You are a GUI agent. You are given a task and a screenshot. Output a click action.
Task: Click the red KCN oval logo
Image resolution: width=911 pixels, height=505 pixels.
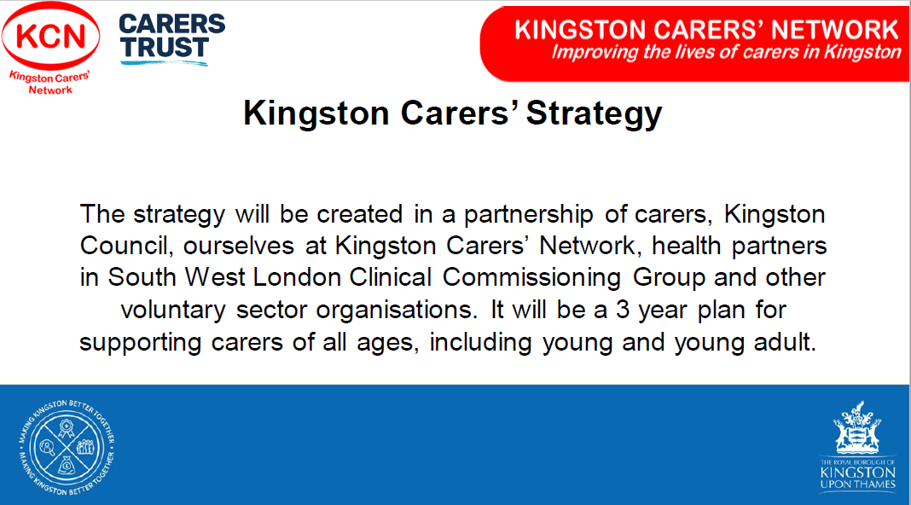(50, 36)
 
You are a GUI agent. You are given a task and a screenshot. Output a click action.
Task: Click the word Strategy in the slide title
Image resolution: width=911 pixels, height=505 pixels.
(594, 114)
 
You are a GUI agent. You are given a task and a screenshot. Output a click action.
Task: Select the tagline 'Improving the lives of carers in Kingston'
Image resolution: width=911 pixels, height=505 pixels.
(726, 52)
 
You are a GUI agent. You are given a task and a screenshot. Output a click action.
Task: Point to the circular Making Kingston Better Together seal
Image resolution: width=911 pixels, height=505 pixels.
(67, 448)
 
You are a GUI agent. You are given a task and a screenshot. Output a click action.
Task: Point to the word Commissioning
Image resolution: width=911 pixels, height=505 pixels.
(531, 279)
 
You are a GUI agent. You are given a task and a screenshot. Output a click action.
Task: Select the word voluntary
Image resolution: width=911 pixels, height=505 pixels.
(172, 311)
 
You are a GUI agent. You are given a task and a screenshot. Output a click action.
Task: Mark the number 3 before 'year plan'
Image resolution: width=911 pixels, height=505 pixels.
(623, 310)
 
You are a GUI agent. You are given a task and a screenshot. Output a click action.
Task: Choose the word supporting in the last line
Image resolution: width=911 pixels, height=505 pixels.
(140, 343)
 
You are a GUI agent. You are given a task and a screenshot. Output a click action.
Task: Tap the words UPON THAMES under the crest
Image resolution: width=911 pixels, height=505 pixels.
(857, 484)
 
